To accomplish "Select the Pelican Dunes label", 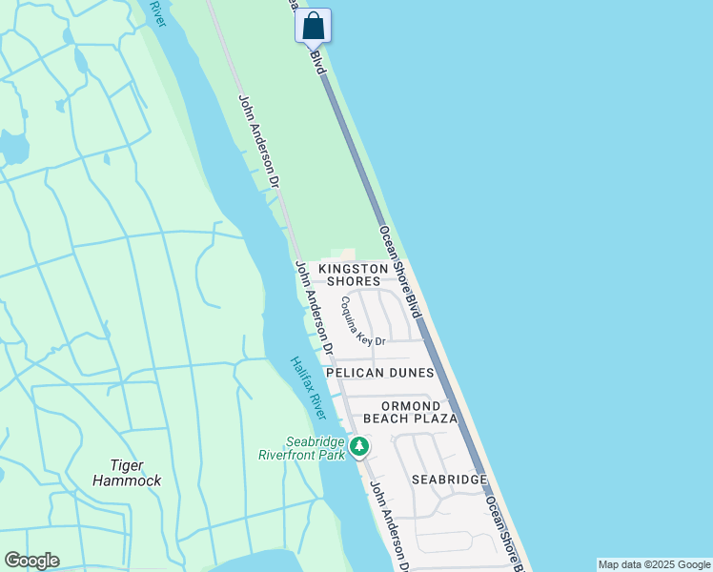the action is click(379, 373).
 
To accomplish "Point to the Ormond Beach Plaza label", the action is click(418, 412).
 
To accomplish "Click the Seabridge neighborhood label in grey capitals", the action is click(449, 480).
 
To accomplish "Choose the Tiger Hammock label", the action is click(127, 473).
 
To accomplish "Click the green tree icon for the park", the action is click(359, 446).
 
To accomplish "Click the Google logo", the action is click(31, 561).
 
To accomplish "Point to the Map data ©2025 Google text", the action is click(654, 564).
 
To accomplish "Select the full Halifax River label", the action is click(309, 388).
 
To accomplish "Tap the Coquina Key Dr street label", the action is click(363, 320).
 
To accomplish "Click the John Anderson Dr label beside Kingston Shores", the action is click(314, 302).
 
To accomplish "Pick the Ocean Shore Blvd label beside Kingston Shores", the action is click(399, 272).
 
